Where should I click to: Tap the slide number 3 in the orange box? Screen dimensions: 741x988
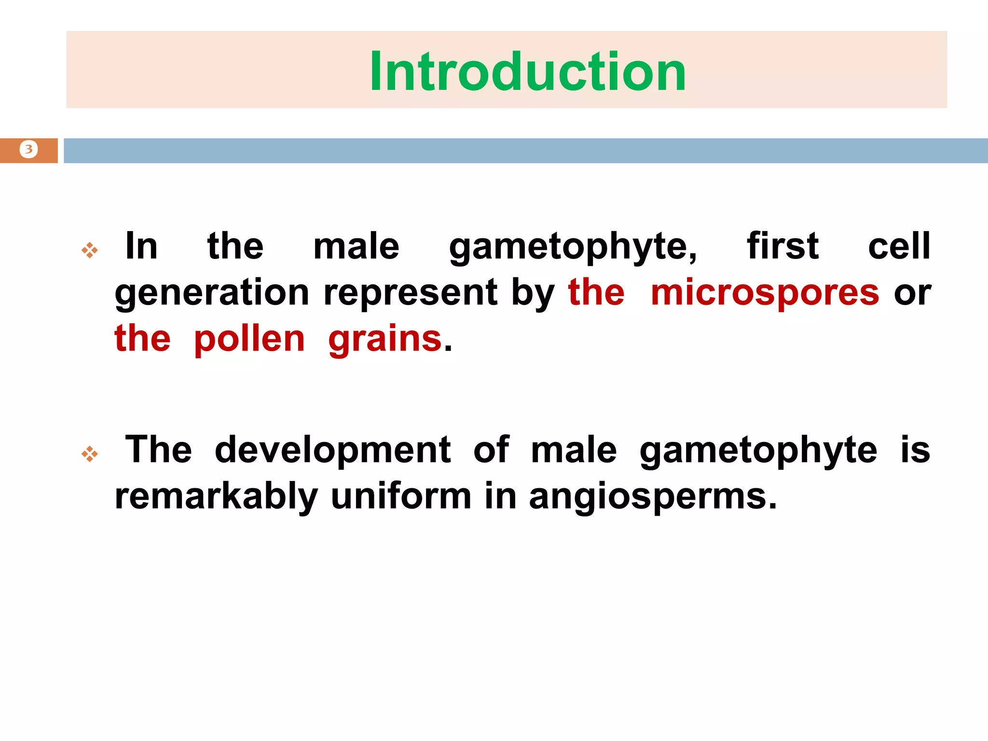pyautogui.click(x=29, y=150)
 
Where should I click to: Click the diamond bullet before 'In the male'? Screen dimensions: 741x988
pyautogui.click(x=90, y=250)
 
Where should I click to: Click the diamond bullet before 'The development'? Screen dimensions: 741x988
pyautogui.click(x=90, y=453)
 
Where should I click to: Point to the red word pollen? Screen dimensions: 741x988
pyautogui.click(x=249, y=339)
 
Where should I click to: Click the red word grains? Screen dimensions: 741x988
pyautogui.click(x=385, y=339)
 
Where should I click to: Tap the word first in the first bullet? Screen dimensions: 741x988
pyautogui.click(x=782, y=246)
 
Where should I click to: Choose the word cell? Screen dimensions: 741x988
pyautogui.click(x=899, y=246)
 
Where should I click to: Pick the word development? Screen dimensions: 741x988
pyautogui.click(x=333, y=450)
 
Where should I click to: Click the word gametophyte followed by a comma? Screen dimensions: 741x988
pyautogui.click(x=573, y=247)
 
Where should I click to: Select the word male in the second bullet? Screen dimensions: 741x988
pyautogui.click(x=574, y=450)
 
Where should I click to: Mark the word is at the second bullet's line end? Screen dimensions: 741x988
pyautogui.click(x=915, y=450)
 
